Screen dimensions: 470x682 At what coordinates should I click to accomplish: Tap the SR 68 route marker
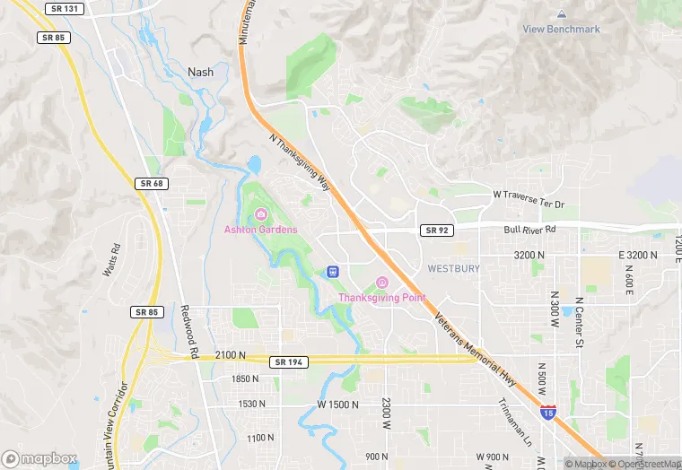click(x=150, y=183)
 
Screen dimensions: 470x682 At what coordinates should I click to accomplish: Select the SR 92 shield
click(x=434, y=231)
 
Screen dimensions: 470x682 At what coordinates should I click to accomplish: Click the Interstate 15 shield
click(x=547, y=412)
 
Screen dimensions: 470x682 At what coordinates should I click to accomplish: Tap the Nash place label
click(x=201, y=72)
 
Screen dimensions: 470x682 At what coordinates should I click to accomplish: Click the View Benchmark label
click(x=562, y=29)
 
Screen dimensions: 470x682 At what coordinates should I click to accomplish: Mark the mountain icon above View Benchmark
click(x=562, y=14)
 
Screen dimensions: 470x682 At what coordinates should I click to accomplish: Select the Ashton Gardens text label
click(x=260, y=230)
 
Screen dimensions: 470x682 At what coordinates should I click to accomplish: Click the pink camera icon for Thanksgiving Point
click(x=381, y=283)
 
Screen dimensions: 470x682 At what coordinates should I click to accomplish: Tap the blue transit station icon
click(x=333, y=271)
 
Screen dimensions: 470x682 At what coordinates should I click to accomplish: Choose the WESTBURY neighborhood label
click(x=453, y=268)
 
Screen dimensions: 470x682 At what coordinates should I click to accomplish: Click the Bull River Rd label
click(x=530, y=230)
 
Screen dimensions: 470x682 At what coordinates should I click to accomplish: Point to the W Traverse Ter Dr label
click(x=529, y=198)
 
